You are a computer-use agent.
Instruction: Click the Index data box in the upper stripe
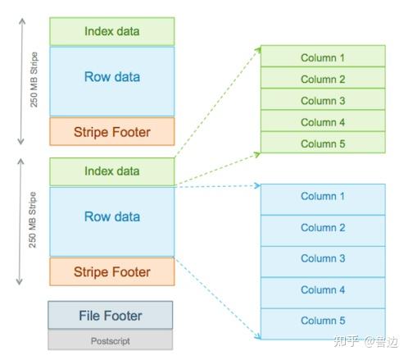tap(112, 31)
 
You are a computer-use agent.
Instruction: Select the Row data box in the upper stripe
tap(112, 81)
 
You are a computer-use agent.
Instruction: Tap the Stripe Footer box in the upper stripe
tap(112, 131)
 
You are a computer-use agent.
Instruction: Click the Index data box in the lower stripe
tap(112, 171)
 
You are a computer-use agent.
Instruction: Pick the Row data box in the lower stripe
tap(112, 221)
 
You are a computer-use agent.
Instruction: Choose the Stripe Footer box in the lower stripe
tap(112, 271)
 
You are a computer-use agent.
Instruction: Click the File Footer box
tap(111, 315)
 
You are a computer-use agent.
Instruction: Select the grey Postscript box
tap(111, 339)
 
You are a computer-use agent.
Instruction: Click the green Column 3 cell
tap(323, 99)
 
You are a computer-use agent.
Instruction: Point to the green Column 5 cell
tap(323, 143)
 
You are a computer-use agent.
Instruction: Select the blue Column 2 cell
tap(323, 230)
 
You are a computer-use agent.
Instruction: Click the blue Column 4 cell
tap(323, 293)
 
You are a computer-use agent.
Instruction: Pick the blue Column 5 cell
tap(323, 324)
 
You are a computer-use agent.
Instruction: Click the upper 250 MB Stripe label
tap(34, 80)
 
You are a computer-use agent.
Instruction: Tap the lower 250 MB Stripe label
tap(33, 220)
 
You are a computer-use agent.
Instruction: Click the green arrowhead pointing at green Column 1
tap(258, 49)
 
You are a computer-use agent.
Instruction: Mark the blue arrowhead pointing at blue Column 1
tap(257, 185)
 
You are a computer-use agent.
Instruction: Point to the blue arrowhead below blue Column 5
tap(258, 336)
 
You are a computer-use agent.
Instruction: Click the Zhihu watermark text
tap(365, 341)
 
